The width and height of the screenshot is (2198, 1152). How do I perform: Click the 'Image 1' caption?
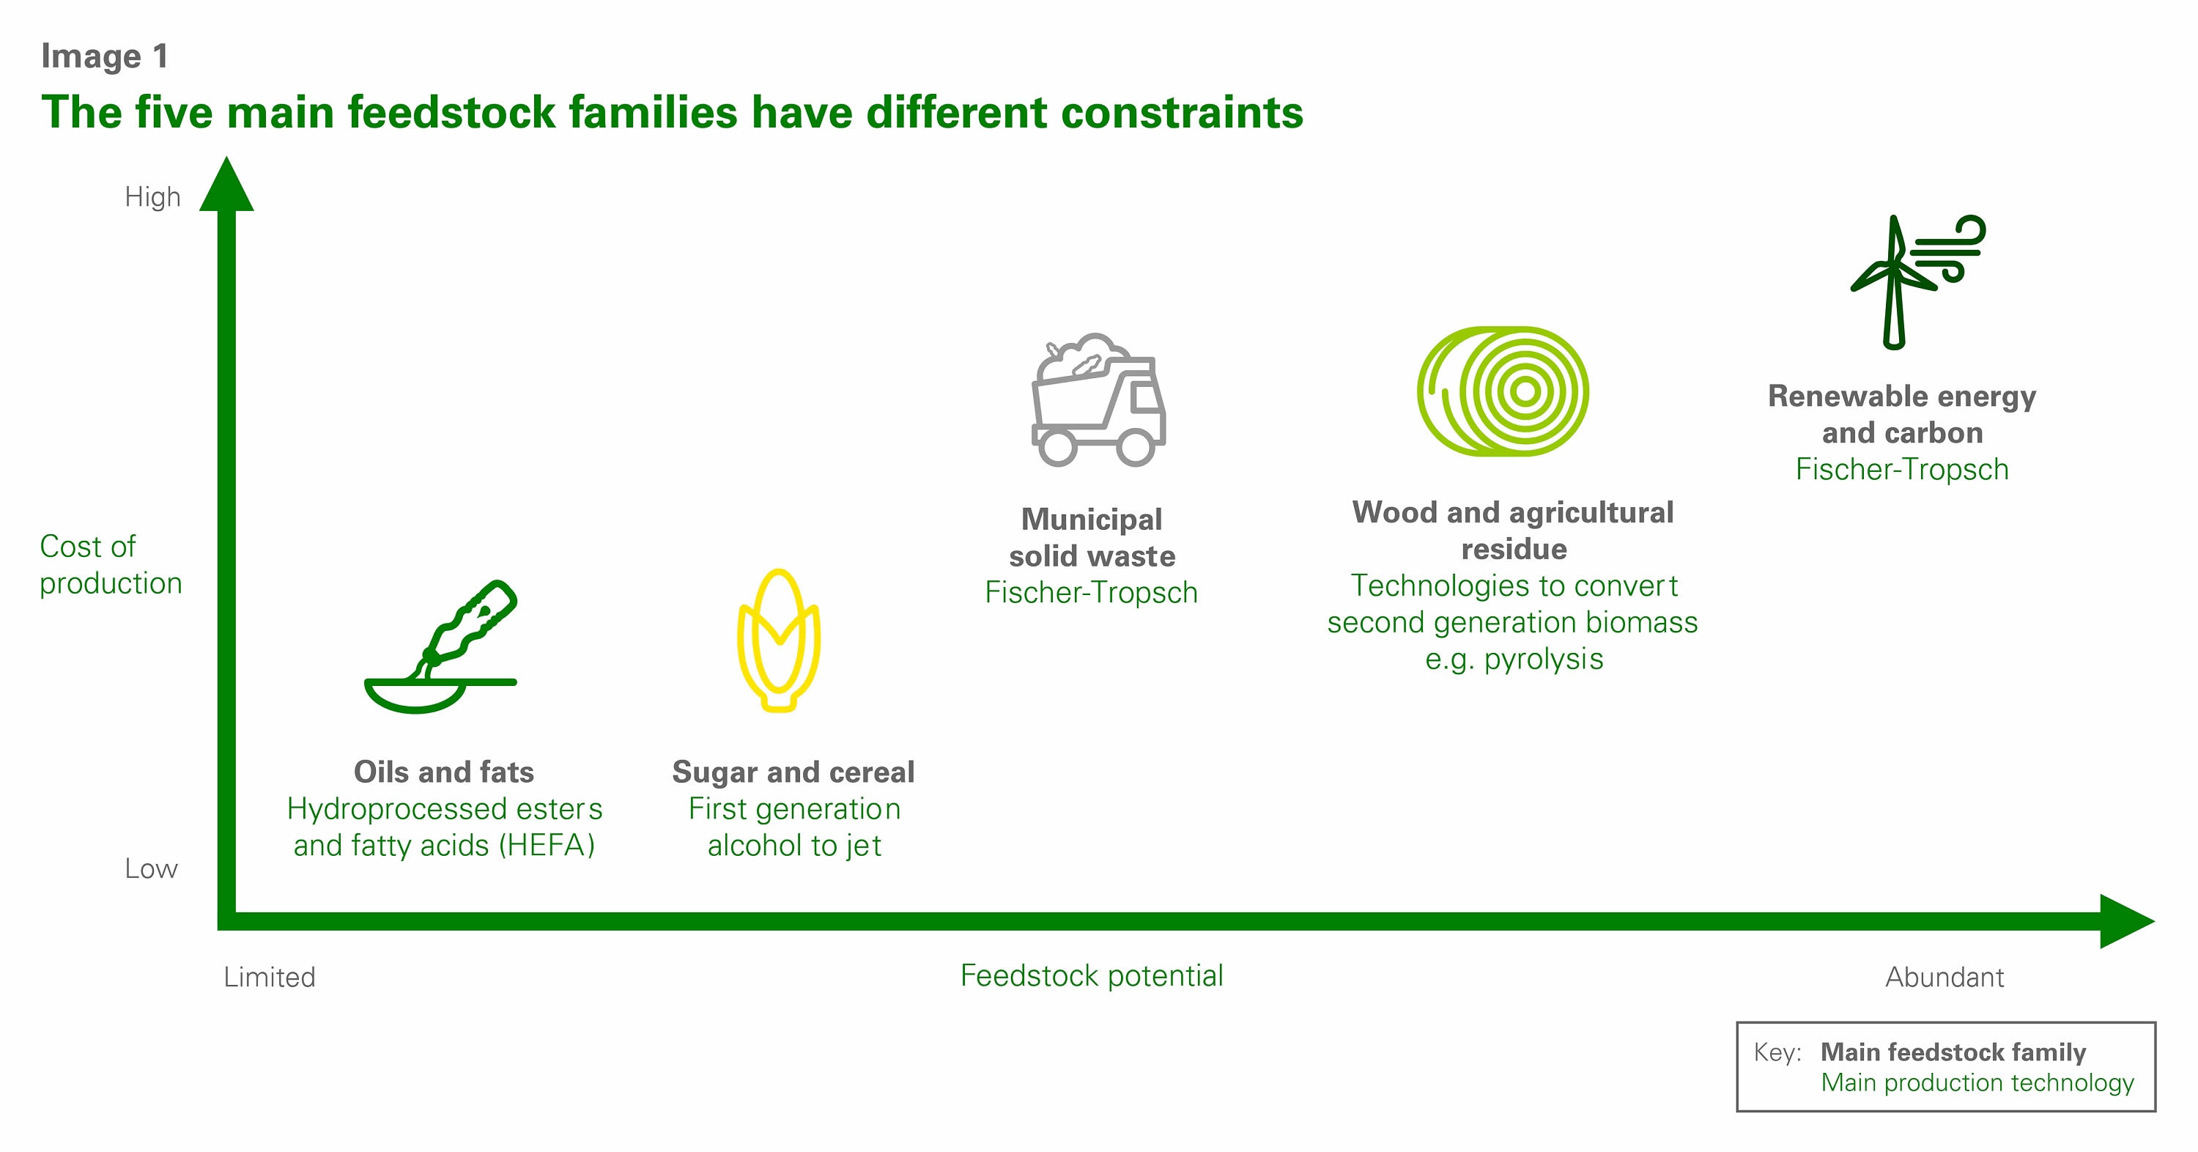tap(105, 56)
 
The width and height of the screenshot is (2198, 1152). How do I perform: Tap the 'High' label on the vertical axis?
tap(152, 197)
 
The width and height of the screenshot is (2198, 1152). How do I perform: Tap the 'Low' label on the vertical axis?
tap(151, 868)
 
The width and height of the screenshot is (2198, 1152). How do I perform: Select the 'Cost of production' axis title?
tap(111, 564)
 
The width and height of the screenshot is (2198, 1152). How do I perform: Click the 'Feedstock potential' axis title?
tap(1092, 975)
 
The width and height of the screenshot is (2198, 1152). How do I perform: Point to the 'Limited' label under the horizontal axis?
tap(270, 977)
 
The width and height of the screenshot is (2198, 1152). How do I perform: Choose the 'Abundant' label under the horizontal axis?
tap(1944, 977)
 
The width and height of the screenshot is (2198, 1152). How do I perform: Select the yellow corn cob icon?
tap(778, 640)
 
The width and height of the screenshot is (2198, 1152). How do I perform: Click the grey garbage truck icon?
tap(1098, 399)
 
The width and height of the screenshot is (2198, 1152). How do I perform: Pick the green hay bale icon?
tap(1503, 391)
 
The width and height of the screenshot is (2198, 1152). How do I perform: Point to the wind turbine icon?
tap(1917, 281)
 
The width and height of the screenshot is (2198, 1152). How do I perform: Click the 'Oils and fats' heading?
tap(444, 772)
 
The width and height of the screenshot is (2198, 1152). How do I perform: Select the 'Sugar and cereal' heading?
tap(793, 772)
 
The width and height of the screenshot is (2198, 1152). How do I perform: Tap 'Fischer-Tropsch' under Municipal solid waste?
tap(1092, 592)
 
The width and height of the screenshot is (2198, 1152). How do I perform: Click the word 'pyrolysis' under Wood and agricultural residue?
tap(1544, 660)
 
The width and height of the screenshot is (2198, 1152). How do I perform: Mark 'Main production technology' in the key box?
tap(1977, 1082)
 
